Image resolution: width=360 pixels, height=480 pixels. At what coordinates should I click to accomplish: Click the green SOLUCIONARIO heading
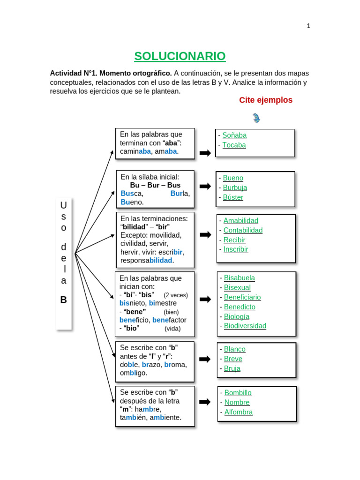180,56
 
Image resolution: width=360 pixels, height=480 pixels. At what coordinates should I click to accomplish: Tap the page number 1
308,26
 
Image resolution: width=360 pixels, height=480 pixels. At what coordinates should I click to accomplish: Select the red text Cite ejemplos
266,100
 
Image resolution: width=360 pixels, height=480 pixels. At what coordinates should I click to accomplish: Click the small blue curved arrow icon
256,118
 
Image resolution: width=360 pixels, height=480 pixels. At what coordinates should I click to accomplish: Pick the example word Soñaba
234,135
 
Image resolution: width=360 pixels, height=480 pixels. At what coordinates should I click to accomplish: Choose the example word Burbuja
235,187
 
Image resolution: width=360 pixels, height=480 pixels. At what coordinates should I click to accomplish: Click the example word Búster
233,197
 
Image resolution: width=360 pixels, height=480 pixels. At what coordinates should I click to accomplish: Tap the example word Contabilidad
243,230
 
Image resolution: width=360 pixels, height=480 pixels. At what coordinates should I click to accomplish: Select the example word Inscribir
236,249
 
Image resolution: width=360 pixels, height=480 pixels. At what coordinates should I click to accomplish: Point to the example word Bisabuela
240,277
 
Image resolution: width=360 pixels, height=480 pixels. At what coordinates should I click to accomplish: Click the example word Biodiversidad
245,326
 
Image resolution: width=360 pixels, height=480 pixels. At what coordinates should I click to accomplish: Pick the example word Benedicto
240,307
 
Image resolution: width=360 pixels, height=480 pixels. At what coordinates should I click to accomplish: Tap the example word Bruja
232,368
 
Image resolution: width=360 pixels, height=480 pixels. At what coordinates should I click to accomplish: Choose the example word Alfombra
239,412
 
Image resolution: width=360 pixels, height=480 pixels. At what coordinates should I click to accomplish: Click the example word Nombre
237,402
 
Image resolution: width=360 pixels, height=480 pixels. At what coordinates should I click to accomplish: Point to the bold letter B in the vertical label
63,300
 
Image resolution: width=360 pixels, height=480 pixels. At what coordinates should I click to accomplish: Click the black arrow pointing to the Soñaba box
205,153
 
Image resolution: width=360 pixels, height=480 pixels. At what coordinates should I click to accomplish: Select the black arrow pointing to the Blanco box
205,359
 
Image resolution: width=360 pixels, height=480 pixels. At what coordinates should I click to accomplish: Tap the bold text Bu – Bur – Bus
155,185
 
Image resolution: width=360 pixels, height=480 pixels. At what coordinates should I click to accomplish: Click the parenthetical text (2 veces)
176,295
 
